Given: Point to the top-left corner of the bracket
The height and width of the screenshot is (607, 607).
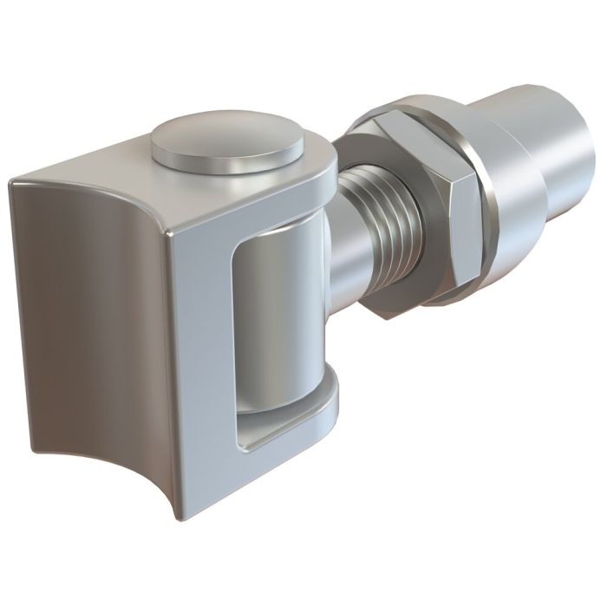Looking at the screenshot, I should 13,182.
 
